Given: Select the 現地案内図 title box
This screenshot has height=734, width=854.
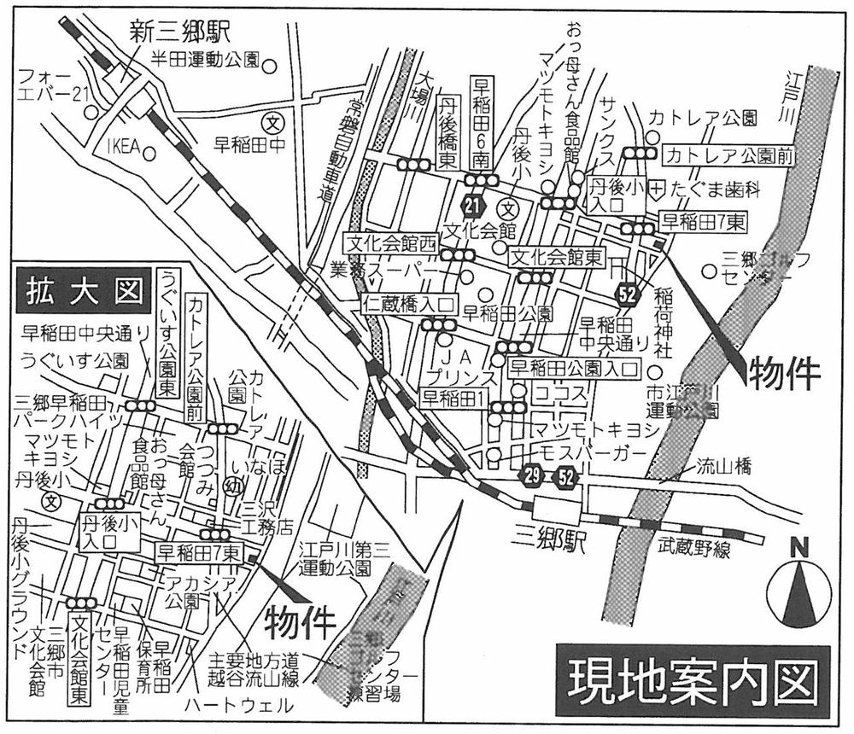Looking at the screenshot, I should tap(692, 680).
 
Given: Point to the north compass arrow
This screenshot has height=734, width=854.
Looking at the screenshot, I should tap(800, 591).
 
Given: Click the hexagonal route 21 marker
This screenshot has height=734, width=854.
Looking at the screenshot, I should tap(471, 205).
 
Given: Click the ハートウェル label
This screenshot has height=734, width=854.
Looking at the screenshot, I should tap(242, 706).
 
